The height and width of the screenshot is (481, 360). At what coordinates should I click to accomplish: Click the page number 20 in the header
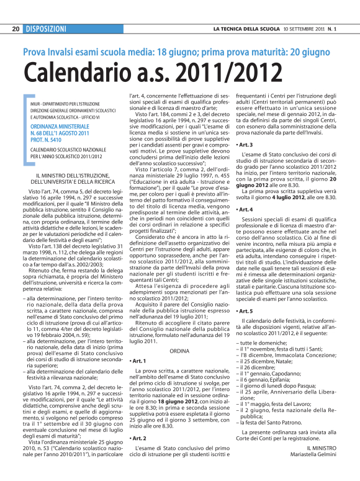click(x=16, y=29)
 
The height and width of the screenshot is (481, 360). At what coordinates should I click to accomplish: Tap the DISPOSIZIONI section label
click(x=47, y=29)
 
